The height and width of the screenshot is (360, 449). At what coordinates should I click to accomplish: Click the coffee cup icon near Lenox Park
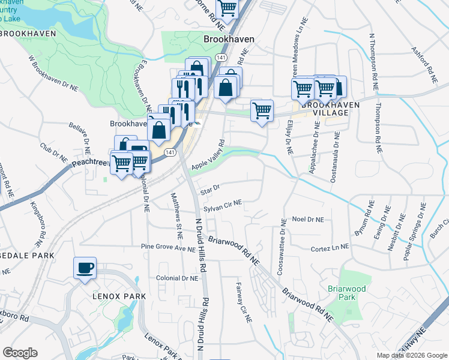85,267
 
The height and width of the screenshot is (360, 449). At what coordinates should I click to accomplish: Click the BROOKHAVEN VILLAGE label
325,109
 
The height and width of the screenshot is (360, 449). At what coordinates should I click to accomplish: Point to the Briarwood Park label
346,293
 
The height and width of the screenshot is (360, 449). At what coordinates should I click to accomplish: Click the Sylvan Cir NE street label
222,206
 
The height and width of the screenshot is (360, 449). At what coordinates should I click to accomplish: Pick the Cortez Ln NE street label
330,248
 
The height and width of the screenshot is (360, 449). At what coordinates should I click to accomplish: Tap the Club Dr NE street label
53,151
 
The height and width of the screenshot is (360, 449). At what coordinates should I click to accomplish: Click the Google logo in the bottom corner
20,353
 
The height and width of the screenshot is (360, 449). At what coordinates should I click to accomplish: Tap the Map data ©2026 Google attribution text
412,355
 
